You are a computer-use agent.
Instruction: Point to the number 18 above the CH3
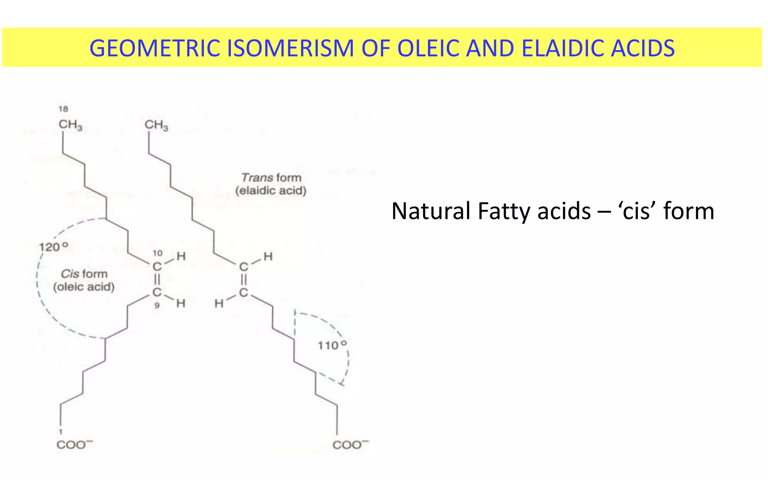tap(63, 109)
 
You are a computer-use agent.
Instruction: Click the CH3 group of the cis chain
tap(70, 125)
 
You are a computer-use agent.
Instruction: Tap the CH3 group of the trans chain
tap(156, 125)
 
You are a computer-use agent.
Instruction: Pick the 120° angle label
tap(54, 247)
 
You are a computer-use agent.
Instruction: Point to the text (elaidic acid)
tap(271, 190)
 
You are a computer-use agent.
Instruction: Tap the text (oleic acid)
tap(84, 287)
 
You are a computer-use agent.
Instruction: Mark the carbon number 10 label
tap(157, 253)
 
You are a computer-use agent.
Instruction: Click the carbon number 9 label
tap(157, 306)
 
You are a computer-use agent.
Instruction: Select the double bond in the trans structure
tap(244, 280)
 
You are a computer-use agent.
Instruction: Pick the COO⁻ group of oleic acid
tap(74, 445)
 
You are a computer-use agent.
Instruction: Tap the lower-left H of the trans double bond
tap(219, 303)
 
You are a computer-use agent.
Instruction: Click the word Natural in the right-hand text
tap(431, 211)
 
